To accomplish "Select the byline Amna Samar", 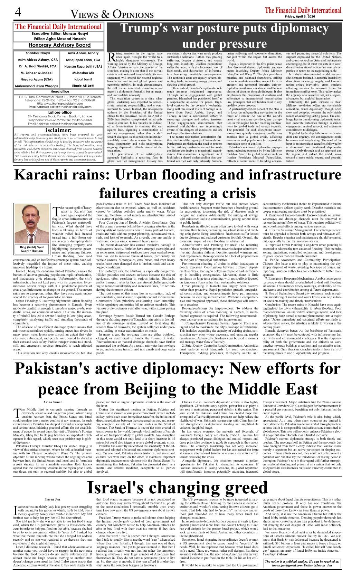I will pyautogui.click(x=53, y=402).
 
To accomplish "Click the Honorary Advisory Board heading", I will pyautogui.click(x=59, y=45).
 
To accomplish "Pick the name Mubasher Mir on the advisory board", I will pyautogui.click(x=83, y=73).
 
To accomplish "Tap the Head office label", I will pyautogui.click(x=60, y=91).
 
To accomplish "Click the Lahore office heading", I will pyautogui.click(x=60, y=113).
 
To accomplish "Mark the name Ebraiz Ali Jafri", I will pyautogui.click(x=83, y=86).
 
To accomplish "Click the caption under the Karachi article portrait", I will pyautogui.click(x=31, y=249).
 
